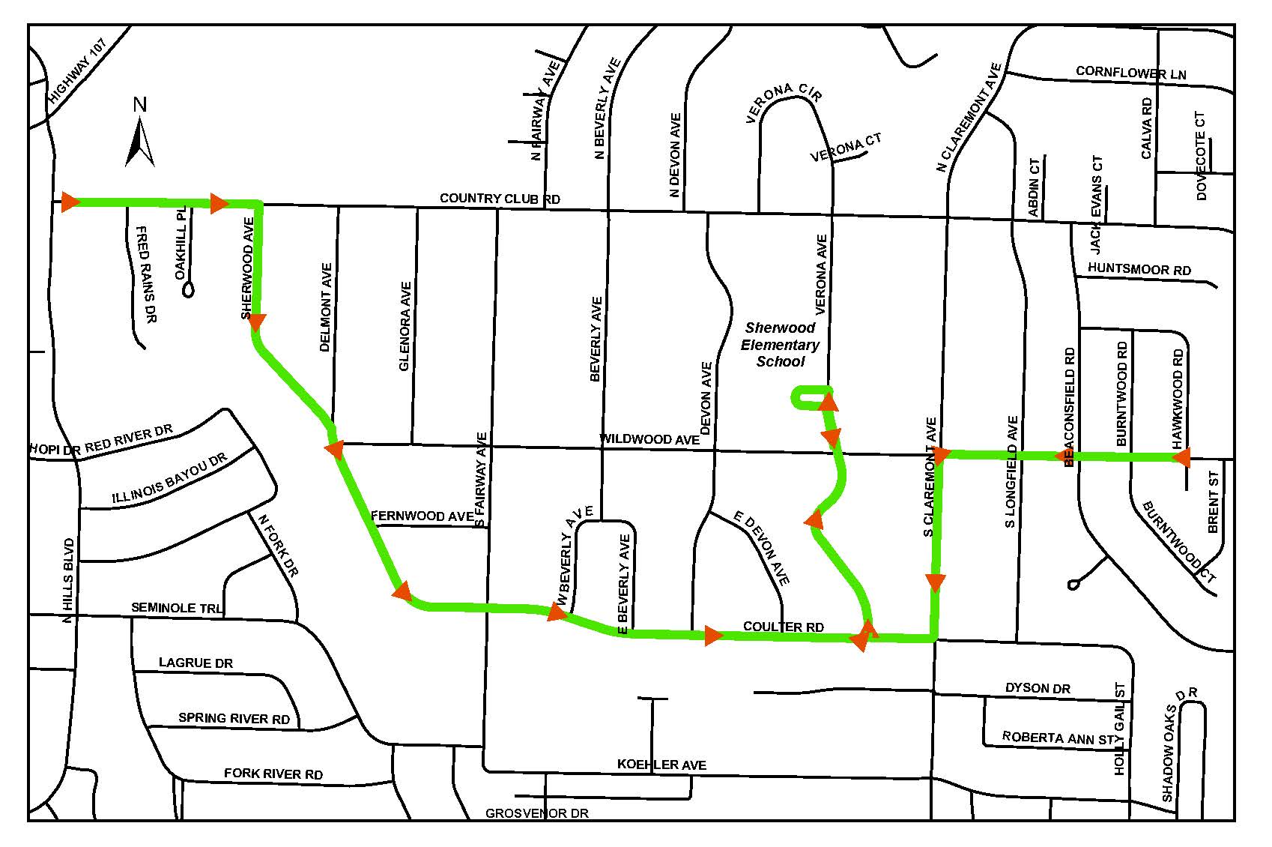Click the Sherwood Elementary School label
click(780, 345)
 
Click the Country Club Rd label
click(500, 199)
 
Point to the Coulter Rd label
click(783, 627)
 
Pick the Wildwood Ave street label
click(649, 439)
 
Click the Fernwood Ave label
click(423, 516)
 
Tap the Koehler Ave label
click(661, 765)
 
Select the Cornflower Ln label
click(1131, 73)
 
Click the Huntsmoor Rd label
click(1139, 268)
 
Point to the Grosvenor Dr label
click(536, 813)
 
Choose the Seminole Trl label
click(177, 608)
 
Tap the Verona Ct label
click(846, 148)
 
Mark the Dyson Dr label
click(1038, 688)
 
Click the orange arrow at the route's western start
click(70, 202)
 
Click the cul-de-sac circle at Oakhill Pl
click(187, 289)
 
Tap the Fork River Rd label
click(273, 774)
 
